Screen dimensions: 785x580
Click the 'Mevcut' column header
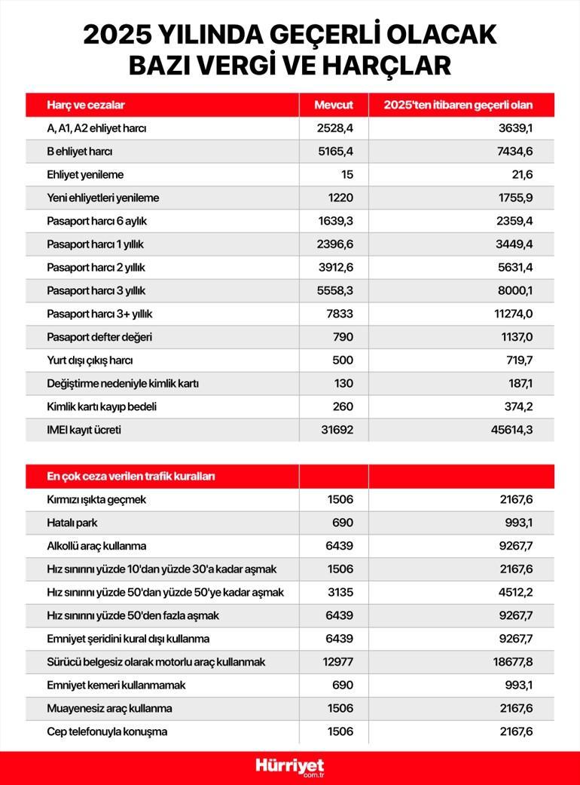tap(334, 105)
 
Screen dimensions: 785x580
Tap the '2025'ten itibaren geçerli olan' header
tap(458, 105)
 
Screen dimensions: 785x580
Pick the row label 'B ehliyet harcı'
tap(80, 152)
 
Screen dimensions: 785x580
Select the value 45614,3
tap(513, 430)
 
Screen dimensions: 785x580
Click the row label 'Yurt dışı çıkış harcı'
tap(90, 360)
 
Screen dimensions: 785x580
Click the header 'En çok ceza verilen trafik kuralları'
tap(131, 477)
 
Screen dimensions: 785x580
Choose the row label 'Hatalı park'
tap(73, 523)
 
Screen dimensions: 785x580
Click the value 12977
tap(337, 662)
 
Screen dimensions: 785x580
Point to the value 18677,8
tap(513, 662)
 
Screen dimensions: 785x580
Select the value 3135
tap(340, 592)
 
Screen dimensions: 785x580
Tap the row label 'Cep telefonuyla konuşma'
tap(107, 731)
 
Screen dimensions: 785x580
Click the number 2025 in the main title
tap(116, 35)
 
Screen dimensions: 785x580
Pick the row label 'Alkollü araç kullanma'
tap(96, 546)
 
